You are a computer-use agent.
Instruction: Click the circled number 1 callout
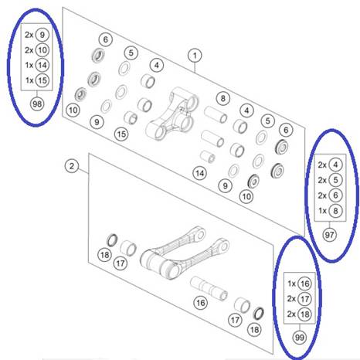pyautogui.click(x=195, y=56)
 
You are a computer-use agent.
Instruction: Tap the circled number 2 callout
pyautogui.click(x=72, y=166)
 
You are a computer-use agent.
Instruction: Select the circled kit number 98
pyautogui.click(x=37, y=104)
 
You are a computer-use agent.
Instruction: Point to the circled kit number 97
pyautogui.click(x=329, y=235)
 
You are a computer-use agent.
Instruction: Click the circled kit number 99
pyautogui.click(x=300, y=337)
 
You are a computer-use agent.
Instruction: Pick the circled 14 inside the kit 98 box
pyautogui.click(x=42, y=65)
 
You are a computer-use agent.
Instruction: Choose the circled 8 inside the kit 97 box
pyautogui.click(x=335, y=211)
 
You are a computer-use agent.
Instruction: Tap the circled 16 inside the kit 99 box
pyautogui.click(x=304, y=284)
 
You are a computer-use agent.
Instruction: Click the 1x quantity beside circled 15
pyautogui.click(x=29, y=80)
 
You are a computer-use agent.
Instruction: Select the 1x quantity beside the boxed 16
pyautogui.click(x=292, y=284)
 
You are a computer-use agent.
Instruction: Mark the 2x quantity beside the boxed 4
pyautogui.click(x=322, y=165)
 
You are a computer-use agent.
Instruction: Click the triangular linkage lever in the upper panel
pyautogui.click(x=172, y=114)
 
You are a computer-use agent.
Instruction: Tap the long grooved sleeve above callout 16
pyautogui.click(x=209, y=288)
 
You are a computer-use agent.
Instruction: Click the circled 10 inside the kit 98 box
pyautogui.click(x=42, y=49)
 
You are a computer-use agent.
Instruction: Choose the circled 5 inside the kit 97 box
pyautogui.click(x=335, y=180)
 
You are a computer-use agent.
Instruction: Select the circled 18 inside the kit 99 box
pyautogui.click(x=304, y=314)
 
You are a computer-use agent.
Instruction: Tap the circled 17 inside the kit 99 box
pyautogui.click(x=304, y=299)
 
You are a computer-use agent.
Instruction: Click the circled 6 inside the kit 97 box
pyautogui.click(x=335, y=195)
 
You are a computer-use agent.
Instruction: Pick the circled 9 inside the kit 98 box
pyautogui.click(x=42, y=35)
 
